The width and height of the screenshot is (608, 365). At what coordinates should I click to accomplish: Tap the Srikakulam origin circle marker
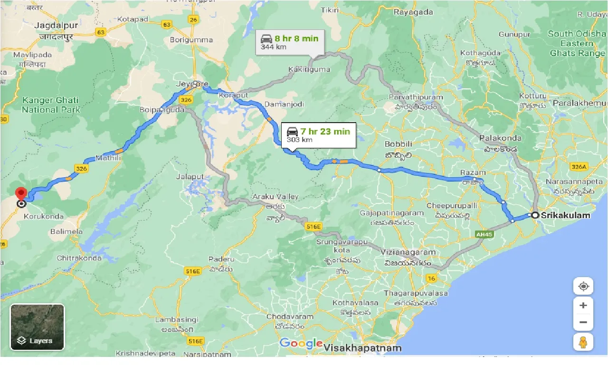(x=535, y=215)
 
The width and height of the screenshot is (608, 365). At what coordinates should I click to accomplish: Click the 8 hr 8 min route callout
(x=289, y=42)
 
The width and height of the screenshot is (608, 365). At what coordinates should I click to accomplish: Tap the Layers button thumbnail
(x=37, y=327)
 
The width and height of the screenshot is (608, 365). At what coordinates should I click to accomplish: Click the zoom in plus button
(x=583, y=305)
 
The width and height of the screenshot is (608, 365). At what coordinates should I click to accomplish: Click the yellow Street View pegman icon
(x=583, y=342)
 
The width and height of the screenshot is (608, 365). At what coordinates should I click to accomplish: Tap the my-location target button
(x=583, y=287)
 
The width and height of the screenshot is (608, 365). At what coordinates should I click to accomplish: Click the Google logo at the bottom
(x=301, y=343)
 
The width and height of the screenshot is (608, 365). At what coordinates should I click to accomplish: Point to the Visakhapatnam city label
(x=362, y=348)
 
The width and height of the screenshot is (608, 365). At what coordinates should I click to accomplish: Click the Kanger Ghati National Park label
(x=50, y=105)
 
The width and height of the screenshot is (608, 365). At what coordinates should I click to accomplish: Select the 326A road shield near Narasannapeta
(x=579, y=166)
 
